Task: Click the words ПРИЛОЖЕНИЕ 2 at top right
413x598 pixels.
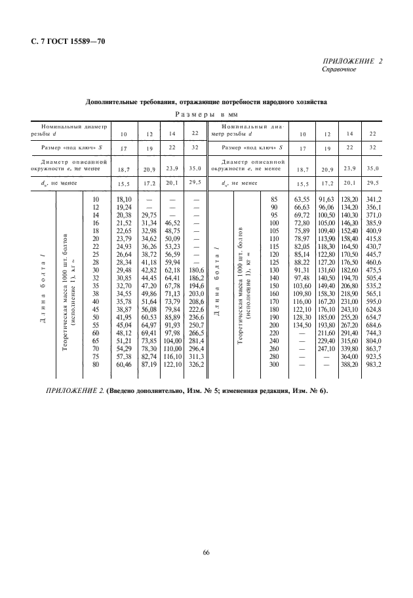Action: pyautogui.click(x=352, y=61)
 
